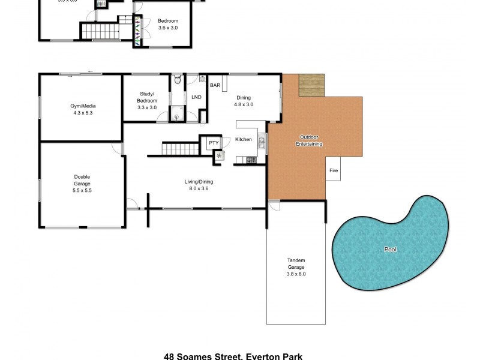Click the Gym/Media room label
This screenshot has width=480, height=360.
[82, 109]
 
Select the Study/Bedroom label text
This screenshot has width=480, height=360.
[146, 100]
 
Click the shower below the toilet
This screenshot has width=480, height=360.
[178, 110]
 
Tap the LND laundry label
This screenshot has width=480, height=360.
[196, 97]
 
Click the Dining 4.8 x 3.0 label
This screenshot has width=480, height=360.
[243, 101]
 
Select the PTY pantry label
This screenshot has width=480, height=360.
[213, 143]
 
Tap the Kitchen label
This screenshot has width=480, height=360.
[243, 139]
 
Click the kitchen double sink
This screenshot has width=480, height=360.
[262, 142]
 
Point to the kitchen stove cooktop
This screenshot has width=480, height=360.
[251, 160]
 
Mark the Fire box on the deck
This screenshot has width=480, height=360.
[334, 170]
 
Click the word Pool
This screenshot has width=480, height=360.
[391, 249]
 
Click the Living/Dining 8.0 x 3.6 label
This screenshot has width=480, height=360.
[198, 185]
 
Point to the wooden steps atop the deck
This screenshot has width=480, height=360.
[311, 84]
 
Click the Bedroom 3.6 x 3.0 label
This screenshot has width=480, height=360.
[167, 24]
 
